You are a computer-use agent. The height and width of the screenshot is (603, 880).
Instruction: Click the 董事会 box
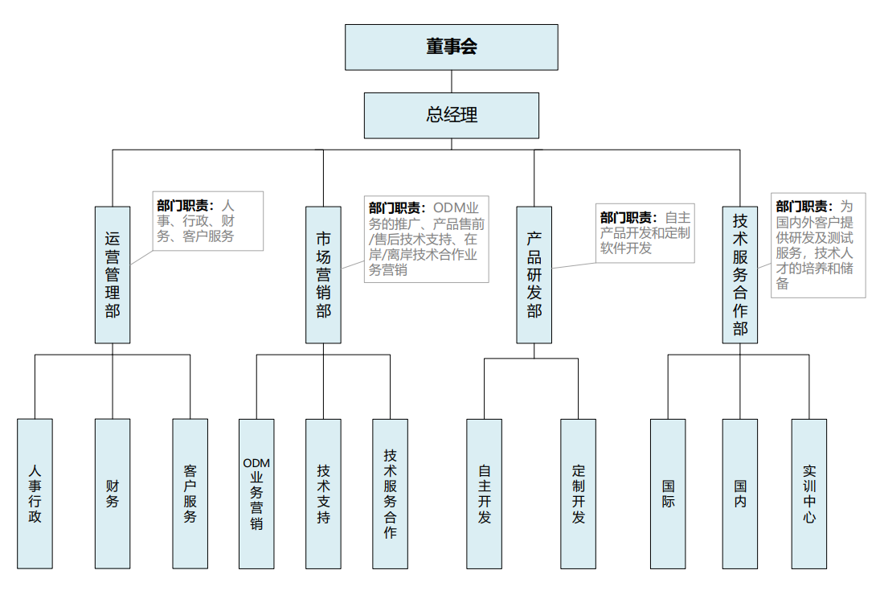click(x=451, y=47)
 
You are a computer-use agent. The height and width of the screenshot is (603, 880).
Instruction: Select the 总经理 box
click(x=451, y=115)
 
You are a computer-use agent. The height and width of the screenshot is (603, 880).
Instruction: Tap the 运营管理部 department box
click(x=113, y=274)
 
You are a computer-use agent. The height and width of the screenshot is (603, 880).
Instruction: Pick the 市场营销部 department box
click(x=323, y=274)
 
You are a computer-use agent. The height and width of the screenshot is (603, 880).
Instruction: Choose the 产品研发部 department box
click(x=534, y=274)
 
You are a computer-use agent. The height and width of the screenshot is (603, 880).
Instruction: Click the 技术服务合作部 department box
click(x=739, y=274)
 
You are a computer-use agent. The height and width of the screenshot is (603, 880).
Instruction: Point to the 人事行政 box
click(x=35, y=493)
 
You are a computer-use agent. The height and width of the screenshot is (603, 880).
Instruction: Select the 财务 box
click(x=113, y=493)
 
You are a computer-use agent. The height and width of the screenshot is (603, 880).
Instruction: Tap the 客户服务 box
click(x=190, y=493)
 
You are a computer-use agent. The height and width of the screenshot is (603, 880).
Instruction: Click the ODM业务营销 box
click(x=256, y=493)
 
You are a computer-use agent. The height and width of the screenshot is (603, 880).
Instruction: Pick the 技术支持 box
click(x=323, y=493)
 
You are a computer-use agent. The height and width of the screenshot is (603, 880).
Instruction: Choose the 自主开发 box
click(x=484, y=493)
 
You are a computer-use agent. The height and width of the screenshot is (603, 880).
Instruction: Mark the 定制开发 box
click(x=578, y=493)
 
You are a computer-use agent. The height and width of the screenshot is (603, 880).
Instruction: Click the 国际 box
click(x=668, y=493)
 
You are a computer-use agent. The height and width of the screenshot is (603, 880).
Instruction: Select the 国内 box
click(x=739, y=493)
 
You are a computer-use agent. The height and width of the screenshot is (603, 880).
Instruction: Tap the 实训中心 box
click(x=808, y=493)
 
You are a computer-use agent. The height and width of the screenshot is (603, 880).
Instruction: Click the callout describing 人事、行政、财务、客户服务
click(x=208, y=220)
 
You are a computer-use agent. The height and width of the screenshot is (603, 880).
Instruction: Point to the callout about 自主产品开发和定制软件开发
click(x=645, y=232)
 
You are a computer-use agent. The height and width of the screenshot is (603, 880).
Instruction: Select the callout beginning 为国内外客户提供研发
click(x=818, y=244)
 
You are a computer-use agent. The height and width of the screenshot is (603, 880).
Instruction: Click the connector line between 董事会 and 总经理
click(x=451, y=81)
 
